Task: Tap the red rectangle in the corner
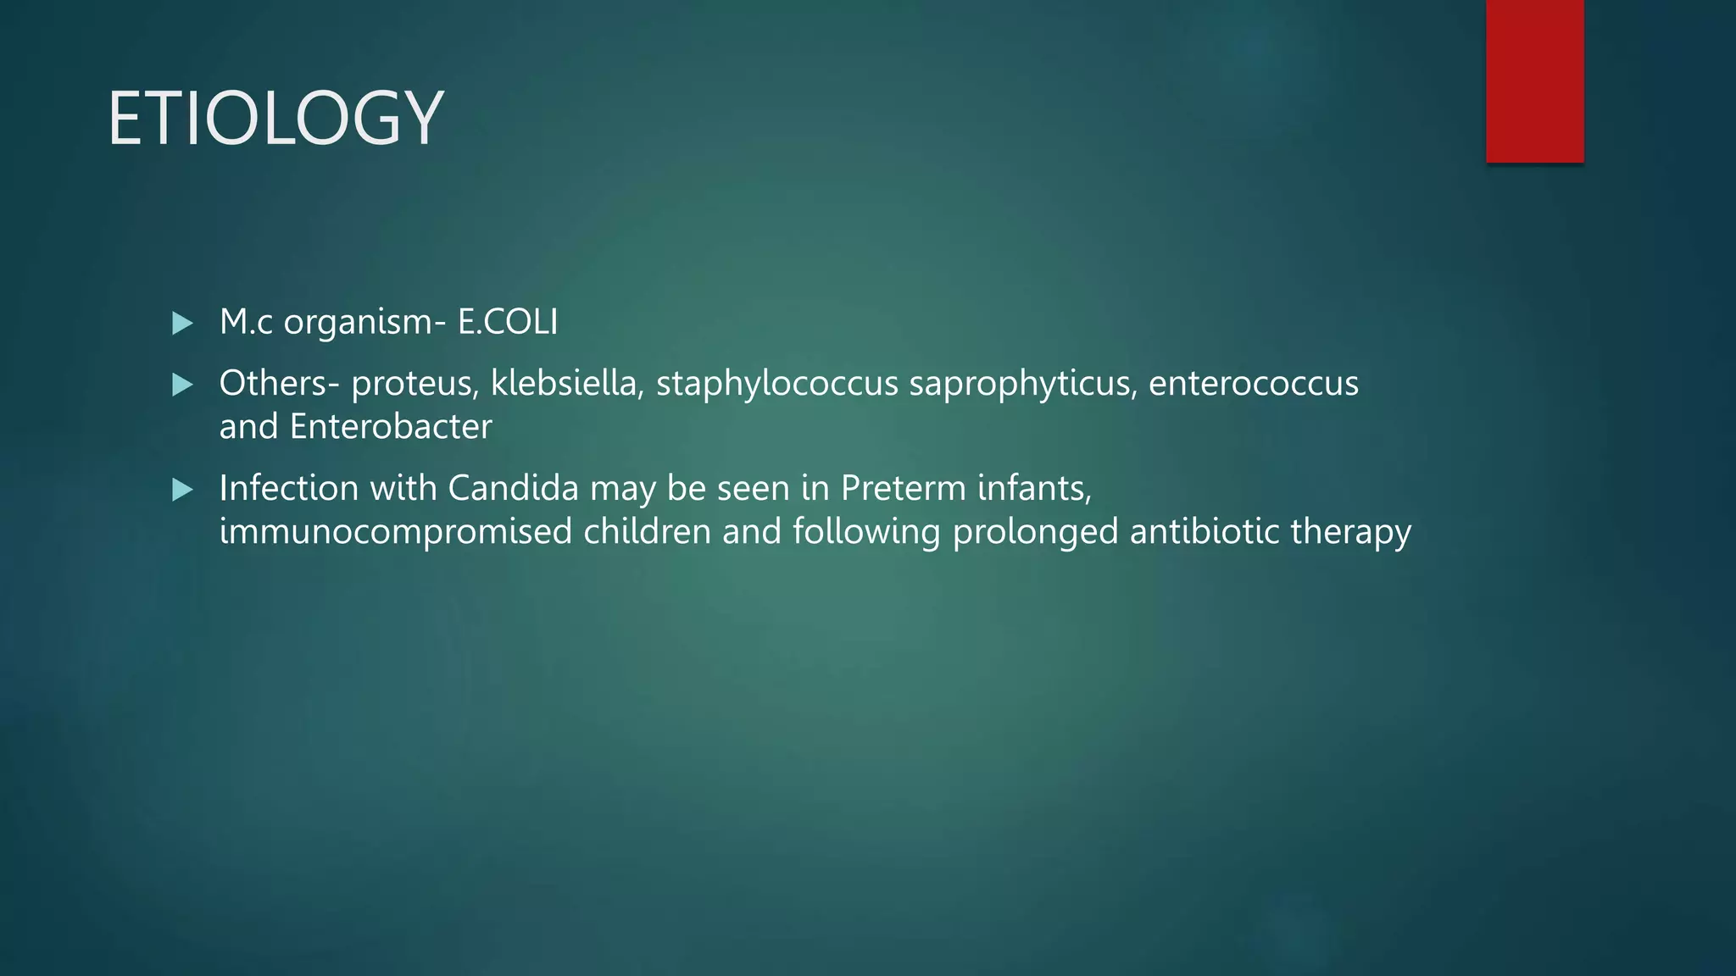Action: coord(1534,80)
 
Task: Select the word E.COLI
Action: coord(508,322)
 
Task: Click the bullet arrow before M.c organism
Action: coord(182,323)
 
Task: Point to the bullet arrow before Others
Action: coord(182,385)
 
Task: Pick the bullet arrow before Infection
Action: coord(182,490)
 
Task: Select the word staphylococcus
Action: coord(776,384)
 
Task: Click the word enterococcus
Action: coord(1253,384)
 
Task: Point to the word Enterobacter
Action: coord(390,427)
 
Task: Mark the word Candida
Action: coord(513,488)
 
